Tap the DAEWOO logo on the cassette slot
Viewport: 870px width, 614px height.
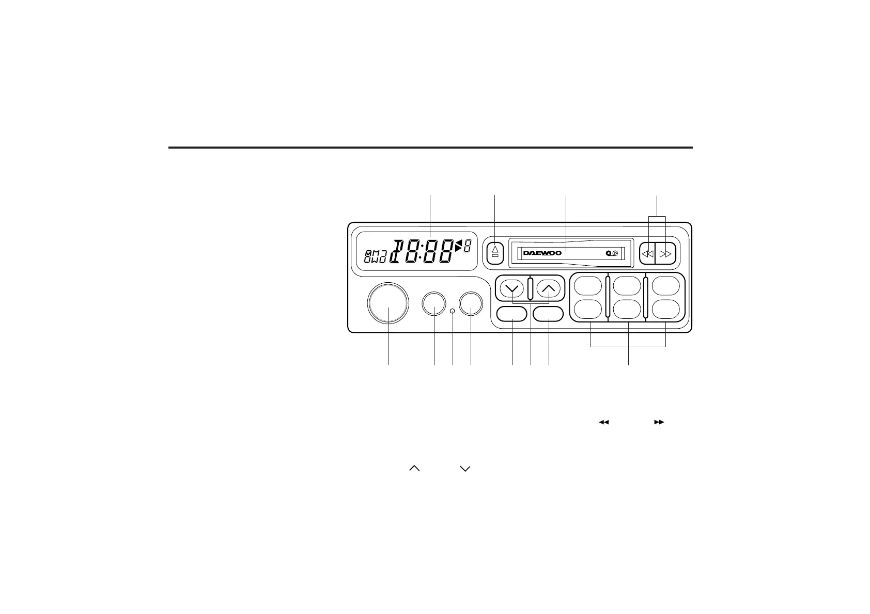click(x=542, y=253)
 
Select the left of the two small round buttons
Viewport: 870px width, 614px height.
click(x=434, y=303)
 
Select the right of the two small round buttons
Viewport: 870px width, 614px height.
click(x=471, y=303)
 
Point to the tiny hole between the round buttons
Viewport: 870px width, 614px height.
click(x=453, y=311)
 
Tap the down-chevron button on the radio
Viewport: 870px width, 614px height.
click(x=512, y=288)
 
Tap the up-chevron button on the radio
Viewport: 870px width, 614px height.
click(x=549, y=288)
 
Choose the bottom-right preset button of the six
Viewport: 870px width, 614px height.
click(x=666, y=309)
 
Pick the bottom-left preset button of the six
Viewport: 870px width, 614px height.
click(x=588, y=309)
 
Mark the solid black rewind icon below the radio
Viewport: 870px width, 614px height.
click(x=604, y=422)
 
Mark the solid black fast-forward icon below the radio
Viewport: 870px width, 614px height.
click(x=659, y=422)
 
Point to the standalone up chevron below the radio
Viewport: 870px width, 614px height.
click(x=414, y=468)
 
